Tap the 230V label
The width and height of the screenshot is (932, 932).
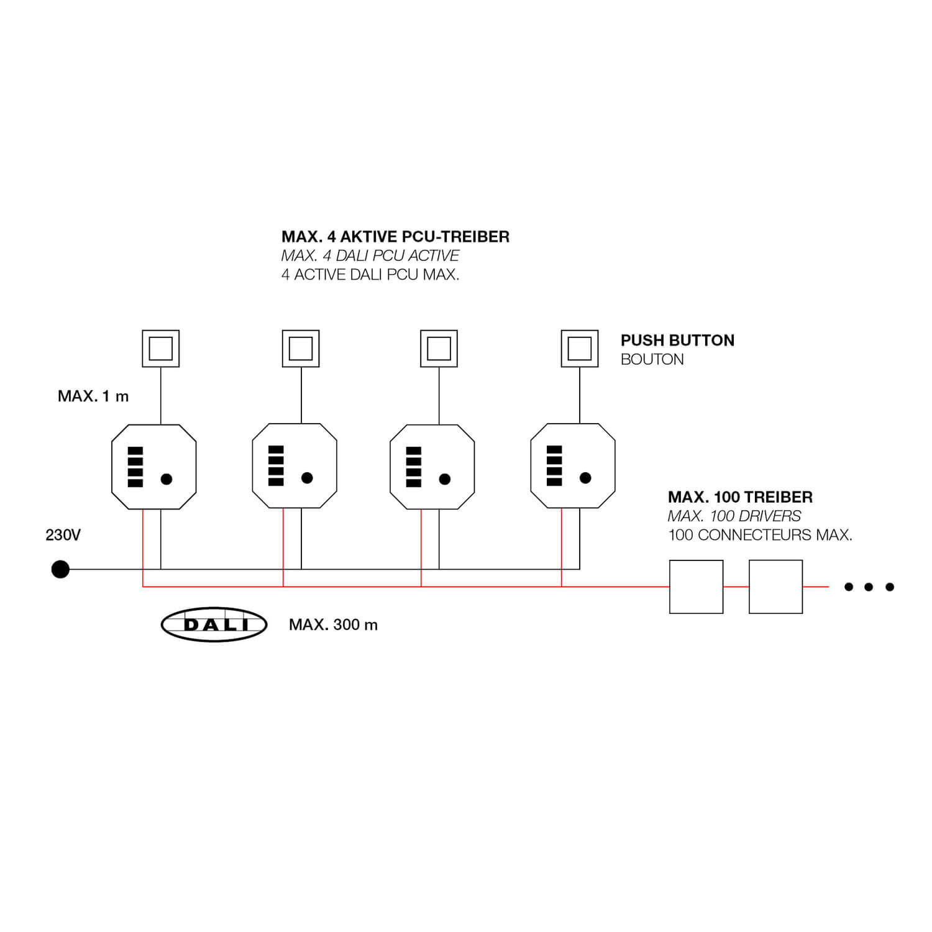pyautogui.click(x=63, y=535)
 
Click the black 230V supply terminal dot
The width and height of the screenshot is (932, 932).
pyautogui.click(x=60, y=569)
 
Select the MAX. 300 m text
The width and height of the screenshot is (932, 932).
pyautogui.click(x=333, y=625)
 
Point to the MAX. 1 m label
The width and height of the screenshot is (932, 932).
pyautogui.click(x=93, y=396)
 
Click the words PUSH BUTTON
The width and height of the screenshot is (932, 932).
pyautogui.click(x=677, y=340)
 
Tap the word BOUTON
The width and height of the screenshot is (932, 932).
pyautogui.click(x=652, y=360)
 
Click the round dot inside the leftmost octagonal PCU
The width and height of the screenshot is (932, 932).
pyautogui.click(x=166, y=479)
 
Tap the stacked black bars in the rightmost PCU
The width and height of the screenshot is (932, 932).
pyautogui.click(x=554, y=466)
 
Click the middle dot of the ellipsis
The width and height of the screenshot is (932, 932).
pyautogui.click(x=869, y=587)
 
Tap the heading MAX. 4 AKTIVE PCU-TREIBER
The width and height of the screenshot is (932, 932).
pyautogui.click(x=395, y=237)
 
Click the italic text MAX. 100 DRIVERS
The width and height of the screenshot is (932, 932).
pyautogui.click(x=734, y=516)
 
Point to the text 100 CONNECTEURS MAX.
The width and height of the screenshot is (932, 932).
pyautogui.click(x=760, y=535)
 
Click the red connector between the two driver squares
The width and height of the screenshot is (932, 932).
pyautogui.click(x=736, y=587)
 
